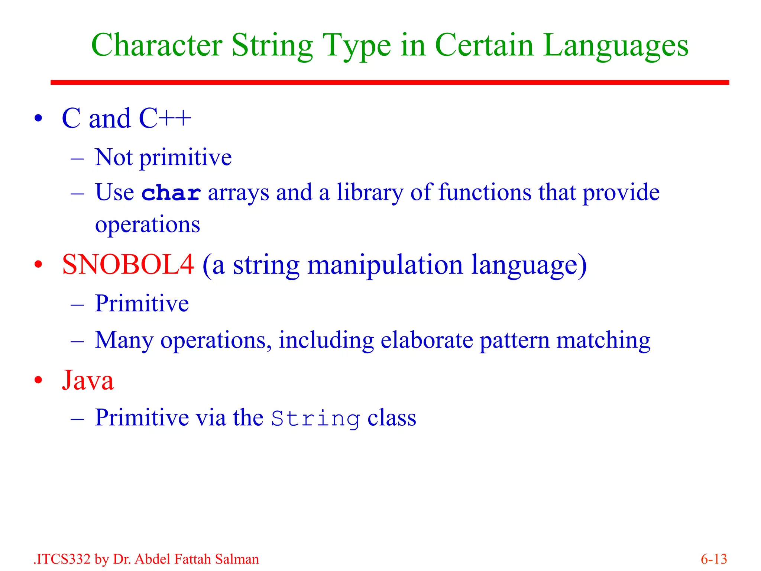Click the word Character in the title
pos(156,45)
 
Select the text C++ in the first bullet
pos(165,119)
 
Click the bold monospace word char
pos(171,193)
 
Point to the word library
pos(370,193)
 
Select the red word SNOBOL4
pos(128,265)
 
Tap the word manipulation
pos(385,265)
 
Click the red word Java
pos(88,380)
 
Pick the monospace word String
pos(315,419)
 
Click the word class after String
pos(392,418)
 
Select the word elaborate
pos(427,340)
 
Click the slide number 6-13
pos(713,559)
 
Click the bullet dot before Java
pos(38,380)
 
